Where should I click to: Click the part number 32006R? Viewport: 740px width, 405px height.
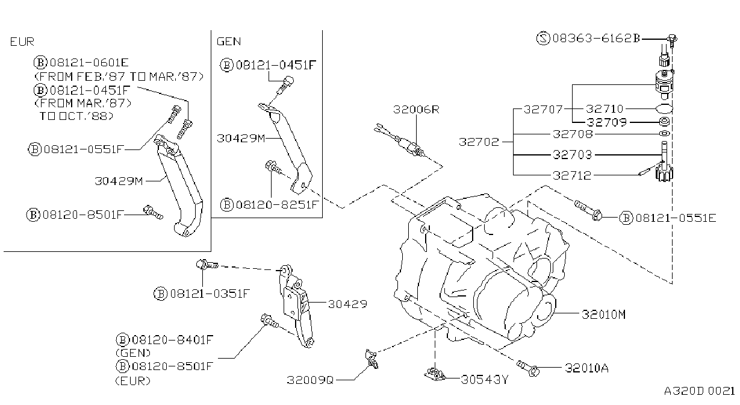coord(416,110)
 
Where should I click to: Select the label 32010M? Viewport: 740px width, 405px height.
coord(603,315)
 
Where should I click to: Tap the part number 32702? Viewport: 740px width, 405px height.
coord(479,142)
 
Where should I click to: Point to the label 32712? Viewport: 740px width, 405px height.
coord(572,175)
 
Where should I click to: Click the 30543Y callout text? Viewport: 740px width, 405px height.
coord(485,380)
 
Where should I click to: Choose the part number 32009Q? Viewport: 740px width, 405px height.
coord(310,380)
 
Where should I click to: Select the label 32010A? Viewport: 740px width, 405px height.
coord(586,368)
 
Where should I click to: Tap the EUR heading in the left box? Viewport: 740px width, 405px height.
coord(22,42)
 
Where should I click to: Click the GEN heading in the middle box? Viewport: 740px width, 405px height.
coord(229,42)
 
